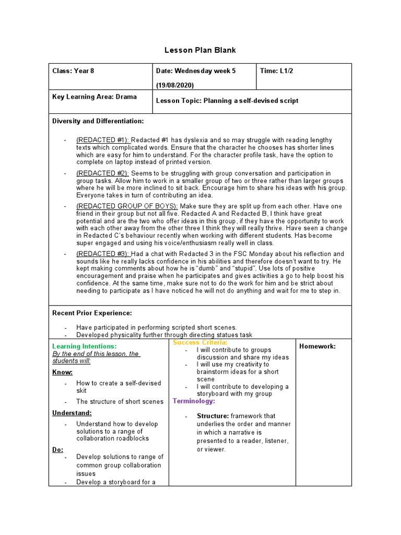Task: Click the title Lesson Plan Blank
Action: click(x=200, y=50)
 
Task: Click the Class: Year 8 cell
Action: click(x=73, y=71)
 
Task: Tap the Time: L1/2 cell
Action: click(x=276, y=71)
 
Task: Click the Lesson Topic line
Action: click(x=227, y=101)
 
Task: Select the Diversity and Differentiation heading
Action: click(x=98, y=121)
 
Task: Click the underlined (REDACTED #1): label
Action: click(x=103, y=141)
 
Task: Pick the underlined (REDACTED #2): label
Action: click(x=103, y=173)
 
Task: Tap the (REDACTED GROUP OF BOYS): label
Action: click(x=127, y=206)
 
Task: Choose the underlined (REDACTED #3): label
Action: click(x=103, y=254)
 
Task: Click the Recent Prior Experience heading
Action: click(x=92, y=313)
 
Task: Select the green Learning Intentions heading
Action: click(x=85, y=346)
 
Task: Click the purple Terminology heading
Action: click(x=193, y=401)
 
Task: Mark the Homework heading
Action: click(x=317, y=346)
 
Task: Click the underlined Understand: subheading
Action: click(x=72, y=413)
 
